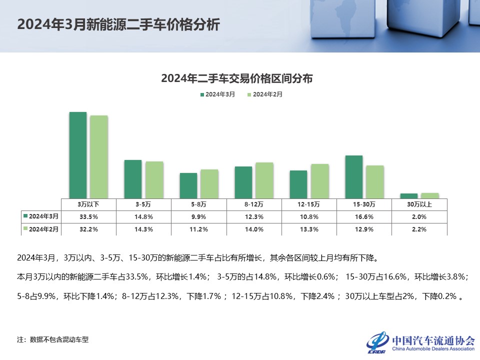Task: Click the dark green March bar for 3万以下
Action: click(x=77, y=155)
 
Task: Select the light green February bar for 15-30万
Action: click(x=374, y=181)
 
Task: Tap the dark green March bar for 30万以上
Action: click(x=409, y=196)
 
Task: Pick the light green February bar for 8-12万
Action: click(x=264, y=180)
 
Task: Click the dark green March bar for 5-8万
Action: click(x=188, y=185)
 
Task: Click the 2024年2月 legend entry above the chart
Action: click(x=264, y=94)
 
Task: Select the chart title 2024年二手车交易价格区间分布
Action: click(x=237, y=78)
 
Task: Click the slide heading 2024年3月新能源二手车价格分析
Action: click(x=118, y=25)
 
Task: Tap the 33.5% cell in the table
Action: click(x=88, y=216)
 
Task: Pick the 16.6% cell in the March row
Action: click(x=364, y=216)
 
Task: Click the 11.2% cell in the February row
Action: click(x=199, y=229)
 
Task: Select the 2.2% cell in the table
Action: click(x=419, y=229)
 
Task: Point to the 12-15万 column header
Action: click(x=309, y=204)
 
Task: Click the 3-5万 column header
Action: click(x=143, y=204)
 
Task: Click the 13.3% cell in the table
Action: click(x=309, y=229)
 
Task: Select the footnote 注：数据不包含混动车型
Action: click(x=52, y=339)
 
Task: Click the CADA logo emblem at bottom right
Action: click(x=377, y=341)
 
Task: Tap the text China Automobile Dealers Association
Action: click(x=433, y=348)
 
